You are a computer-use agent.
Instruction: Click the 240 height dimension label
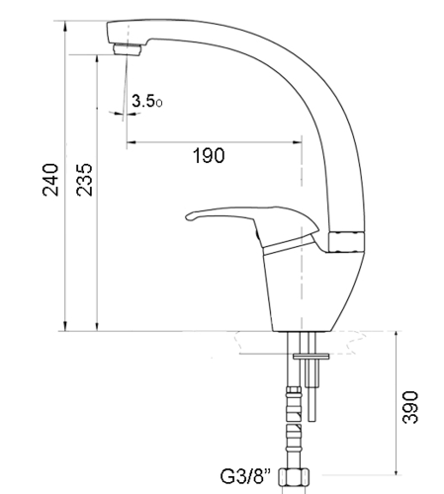[50, 180]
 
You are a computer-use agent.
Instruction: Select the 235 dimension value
[84, 180]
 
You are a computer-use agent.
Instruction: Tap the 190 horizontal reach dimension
[209, 156]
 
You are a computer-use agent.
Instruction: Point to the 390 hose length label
[410, 407]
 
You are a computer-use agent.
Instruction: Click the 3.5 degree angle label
[147, 101]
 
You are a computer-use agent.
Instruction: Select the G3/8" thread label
[245, 476]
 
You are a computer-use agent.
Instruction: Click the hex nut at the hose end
[294, 477]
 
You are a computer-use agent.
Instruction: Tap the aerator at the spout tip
[128, 49]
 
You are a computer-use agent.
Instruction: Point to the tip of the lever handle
[187, 217]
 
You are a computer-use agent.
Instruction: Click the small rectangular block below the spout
[346, 242]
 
